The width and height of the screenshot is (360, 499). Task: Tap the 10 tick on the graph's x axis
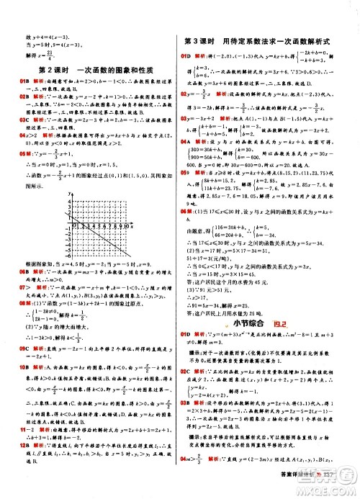pyautogui.click(x=127, y=228)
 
